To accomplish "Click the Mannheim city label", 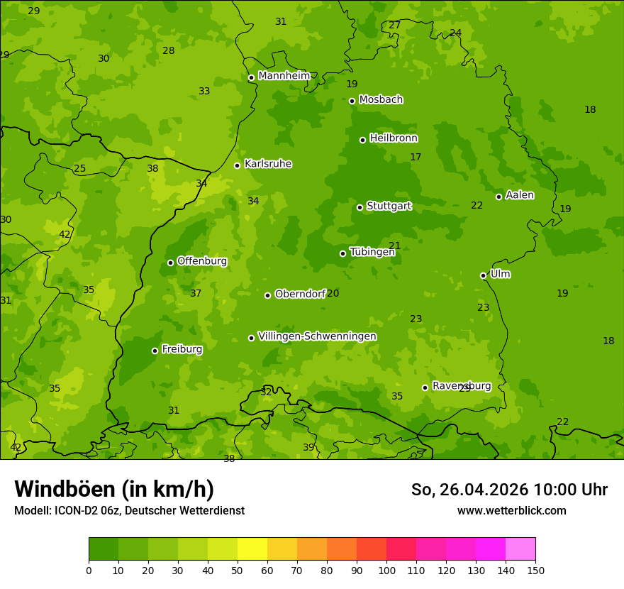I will [284, 76].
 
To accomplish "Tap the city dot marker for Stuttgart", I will [360, 207].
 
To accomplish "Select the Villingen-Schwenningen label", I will [317, 336].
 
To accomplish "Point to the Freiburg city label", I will [182, 349].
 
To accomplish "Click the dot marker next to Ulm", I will [483, 275].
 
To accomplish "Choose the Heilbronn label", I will [394, 138].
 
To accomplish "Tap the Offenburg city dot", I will [170, 263].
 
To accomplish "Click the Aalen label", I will [520, 195].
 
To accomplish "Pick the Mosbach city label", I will [381, 100].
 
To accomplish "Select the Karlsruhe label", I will [268, 164].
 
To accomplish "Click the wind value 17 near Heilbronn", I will [416, 157].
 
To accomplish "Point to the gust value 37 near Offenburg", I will [196, 293].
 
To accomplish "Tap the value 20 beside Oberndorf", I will [333, 293].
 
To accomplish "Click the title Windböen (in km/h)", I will [114, 489].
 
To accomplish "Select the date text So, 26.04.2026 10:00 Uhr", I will [509, 490].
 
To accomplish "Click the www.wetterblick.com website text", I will [511, 510].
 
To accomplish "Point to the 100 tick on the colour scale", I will [386, 570].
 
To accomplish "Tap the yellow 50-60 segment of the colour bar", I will [252, 549].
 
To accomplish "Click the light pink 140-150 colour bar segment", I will [520, 549].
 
